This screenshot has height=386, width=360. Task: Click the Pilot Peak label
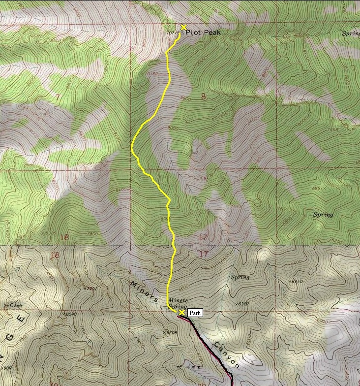204,33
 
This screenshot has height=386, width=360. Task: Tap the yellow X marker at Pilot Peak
183,27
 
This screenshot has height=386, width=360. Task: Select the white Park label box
195,313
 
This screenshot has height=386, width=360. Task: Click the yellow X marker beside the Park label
181,313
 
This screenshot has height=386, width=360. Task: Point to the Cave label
15,305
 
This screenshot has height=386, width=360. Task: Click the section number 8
203,96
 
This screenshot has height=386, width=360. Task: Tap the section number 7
58,97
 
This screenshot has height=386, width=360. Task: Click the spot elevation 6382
243,304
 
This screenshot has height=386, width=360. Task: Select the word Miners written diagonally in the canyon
144,292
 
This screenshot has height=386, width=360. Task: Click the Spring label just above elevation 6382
240,278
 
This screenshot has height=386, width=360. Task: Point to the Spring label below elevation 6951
323,215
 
